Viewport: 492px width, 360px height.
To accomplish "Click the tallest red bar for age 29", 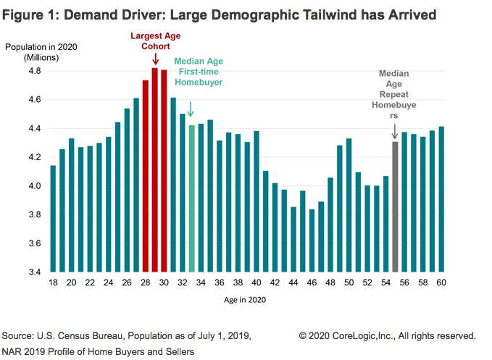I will [154, 170].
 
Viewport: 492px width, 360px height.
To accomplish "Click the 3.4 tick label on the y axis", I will [33, 272].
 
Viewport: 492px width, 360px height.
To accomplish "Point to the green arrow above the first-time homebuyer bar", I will [191, 109].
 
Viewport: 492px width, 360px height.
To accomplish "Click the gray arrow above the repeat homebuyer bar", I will [395, 131].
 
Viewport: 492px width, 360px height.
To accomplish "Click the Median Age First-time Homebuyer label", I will [199, 72].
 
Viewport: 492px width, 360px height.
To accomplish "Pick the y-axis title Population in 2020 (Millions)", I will [36, 51].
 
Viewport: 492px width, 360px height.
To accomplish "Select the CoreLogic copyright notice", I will [387, 336].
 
